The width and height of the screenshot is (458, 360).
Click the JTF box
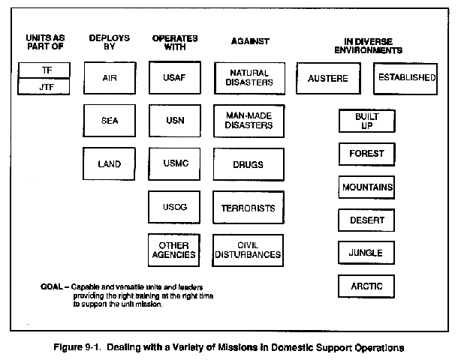(44, 87)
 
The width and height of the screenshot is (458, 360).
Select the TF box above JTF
(44, 70)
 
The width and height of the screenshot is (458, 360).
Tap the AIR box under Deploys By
(110, 78)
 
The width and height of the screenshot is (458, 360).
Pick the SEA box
(109, 121)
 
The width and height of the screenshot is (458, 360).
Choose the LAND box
(109, 163)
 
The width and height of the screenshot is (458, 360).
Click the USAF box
(175, 77)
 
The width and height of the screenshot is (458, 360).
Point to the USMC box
(174, 164)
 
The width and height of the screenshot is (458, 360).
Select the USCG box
(174, 207)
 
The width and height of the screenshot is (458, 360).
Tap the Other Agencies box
(173, 250)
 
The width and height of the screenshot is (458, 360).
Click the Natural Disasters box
(249, 78)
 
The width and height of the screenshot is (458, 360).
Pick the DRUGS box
(249, 164)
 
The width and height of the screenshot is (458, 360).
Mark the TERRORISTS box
(249, 208)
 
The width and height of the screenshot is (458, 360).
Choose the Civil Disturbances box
(248, 250)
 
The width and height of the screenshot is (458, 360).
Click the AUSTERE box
(328, 78)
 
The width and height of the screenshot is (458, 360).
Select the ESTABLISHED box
(405, 79)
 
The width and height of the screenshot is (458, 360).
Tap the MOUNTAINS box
(366, 187)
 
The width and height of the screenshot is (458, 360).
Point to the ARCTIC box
(366, 286)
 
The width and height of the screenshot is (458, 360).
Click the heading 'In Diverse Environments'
(369, 46)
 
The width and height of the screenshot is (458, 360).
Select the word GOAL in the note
(52, 286)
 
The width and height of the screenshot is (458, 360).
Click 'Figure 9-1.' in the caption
(77, 347)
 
